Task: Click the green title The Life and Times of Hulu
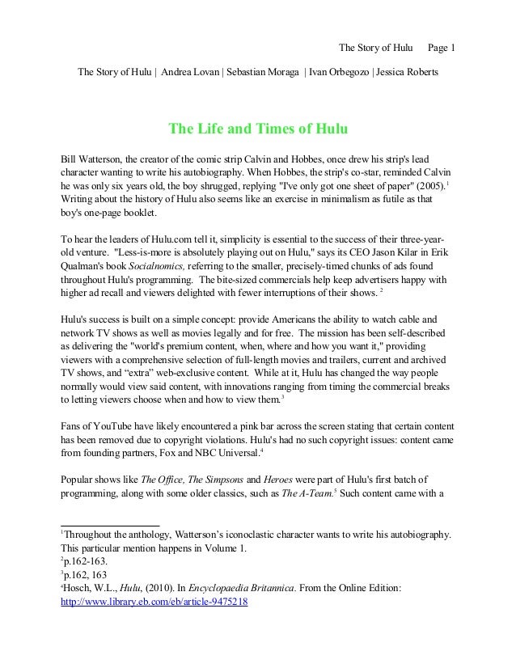tap(257, 129)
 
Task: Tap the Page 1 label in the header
tap(442, 46)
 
